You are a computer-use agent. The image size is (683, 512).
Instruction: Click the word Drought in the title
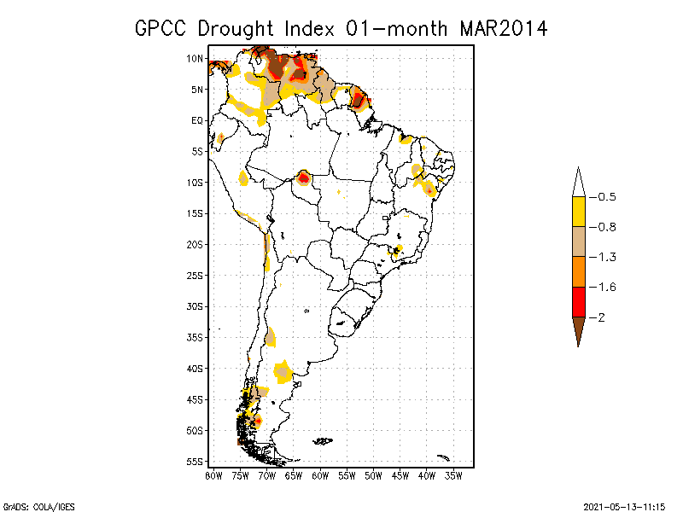(236, 29)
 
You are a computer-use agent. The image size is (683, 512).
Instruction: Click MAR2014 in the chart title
(503, 29)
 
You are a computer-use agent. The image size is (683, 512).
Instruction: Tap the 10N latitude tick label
(195, 58)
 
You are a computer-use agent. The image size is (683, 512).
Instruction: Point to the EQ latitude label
(197, 120)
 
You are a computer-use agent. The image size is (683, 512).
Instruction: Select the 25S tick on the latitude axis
(195, 276)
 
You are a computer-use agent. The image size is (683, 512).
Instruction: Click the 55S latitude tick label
(195, 462)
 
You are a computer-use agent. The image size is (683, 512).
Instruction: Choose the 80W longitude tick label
(214, 476)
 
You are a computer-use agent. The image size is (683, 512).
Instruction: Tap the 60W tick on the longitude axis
(320, 476)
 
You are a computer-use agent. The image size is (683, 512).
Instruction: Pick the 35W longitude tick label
(453, 476)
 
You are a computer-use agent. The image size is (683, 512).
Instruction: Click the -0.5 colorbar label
(603, 197)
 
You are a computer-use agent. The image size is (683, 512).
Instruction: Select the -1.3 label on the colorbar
(603, 258)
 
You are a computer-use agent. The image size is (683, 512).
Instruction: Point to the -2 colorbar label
(597, 317)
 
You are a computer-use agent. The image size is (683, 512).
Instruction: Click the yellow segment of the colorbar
(579, 212)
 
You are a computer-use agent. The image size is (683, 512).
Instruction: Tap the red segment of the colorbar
(579, 302)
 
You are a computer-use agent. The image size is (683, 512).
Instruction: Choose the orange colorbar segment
(579, 271)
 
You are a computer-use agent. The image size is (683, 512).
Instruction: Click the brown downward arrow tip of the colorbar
(579, 347)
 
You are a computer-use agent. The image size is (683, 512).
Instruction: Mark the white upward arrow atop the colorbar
(579, 182)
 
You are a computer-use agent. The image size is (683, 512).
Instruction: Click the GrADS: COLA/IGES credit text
(39, 507)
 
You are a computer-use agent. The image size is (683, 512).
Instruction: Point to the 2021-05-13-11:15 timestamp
(625, 507)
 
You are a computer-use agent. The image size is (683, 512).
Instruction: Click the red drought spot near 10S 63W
(303, 177)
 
